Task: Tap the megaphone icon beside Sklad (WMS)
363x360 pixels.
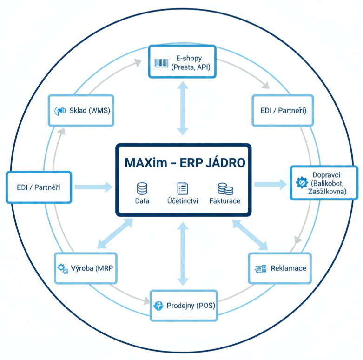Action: point(60,111)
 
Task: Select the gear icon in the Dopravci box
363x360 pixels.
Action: point(300,183)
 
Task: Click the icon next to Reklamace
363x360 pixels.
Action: point(261,269)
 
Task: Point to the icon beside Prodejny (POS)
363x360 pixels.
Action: point(158,306)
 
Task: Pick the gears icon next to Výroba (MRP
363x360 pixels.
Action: point(62,268)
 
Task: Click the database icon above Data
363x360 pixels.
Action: point(142,188)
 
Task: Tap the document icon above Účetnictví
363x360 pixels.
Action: point(182,188)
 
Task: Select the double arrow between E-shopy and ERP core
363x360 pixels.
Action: point(183,108)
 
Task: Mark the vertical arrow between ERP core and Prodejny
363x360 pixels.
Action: point(183,253)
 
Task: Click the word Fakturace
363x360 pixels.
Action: point(225,201)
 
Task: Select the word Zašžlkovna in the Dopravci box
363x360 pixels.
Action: point(328,191)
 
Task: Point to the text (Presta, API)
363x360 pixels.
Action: point(191,67)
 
